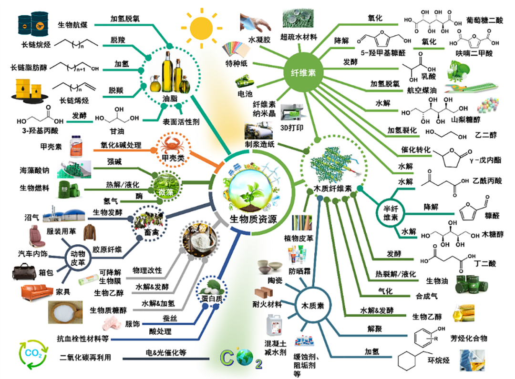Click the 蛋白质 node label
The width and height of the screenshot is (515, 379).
212,299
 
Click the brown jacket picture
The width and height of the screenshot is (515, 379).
91,233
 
